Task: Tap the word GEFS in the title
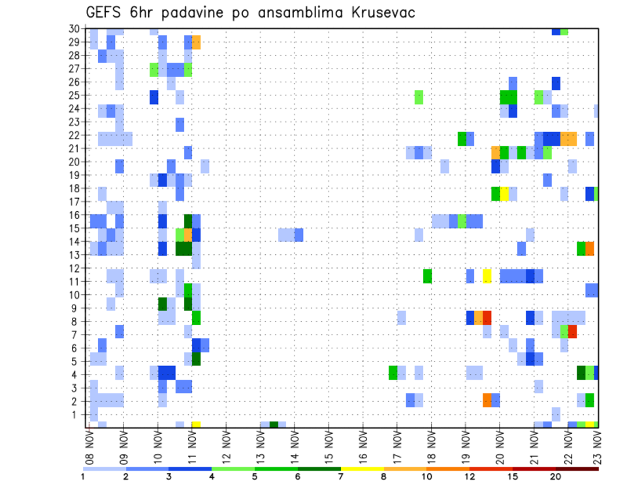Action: pyautogui.click(x=106, y=12)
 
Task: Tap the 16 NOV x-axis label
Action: pyautogui.click(x=363, y=444)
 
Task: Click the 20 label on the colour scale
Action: pyautogui.click(x=556, y=477)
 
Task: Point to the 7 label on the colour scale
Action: pyautogui.click(x=341, y=477)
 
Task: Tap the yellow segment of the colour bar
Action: pyautogui.click(x=362, y=469)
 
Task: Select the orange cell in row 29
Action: pyautogui.click(x=197, y=42)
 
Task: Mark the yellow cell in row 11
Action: pyautogui.click(x=487, y=276)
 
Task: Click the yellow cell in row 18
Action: pyautogui.click(x=504, y=193)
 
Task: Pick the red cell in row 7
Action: pyautogui.click(x=573, y=331)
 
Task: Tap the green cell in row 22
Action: pyautogui.click(x=462, y=139)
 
